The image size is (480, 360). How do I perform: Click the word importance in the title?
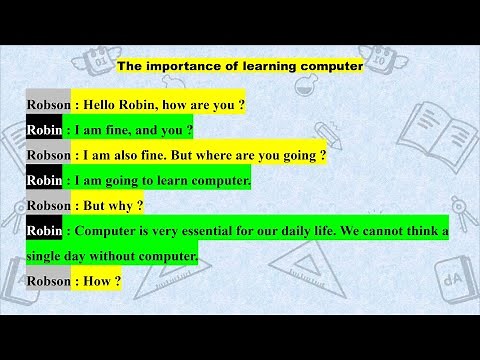coord(184,66)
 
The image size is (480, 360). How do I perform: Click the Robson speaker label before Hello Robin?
coord(48,104)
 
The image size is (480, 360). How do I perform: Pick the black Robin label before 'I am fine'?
coord(44,130)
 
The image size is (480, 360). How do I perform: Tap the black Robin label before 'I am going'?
coord(44,181)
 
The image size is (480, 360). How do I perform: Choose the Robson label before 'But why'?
coord(48,206)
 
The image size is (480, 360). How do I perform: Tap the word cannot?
coord(384,232)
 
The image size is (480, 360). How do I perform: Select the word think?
coord(425,232)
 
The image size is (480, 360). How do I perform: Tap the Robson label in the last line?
coord(48,282)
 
